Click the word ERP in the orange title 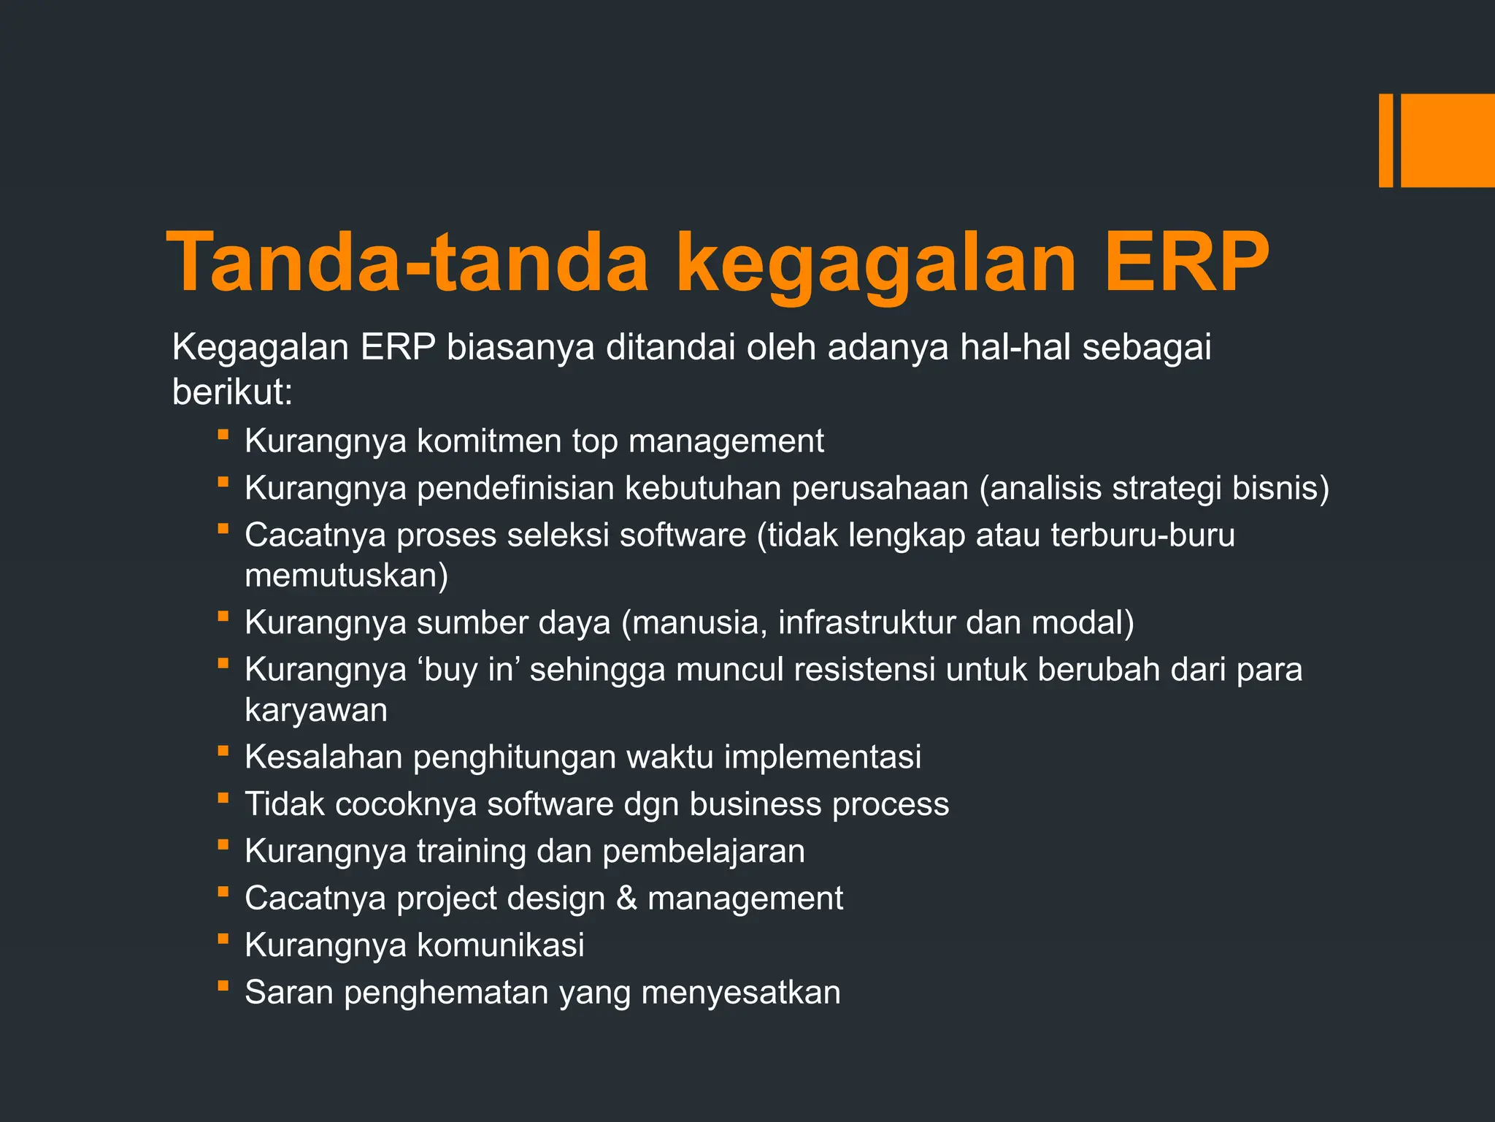[1185, 262]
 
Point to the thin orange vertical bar [1385, 140]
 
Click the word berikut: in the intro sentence [232, 392]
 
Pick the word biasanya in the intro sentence [520, 347]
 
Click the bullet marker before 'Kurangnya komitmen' [223, 435]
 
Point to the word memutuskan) [346, 576]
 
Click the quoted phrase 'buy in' [467, 669]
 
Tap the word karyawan [315, 710]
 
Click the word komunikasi [500, 945]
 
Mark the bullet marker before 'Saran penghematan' [223, 987]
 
